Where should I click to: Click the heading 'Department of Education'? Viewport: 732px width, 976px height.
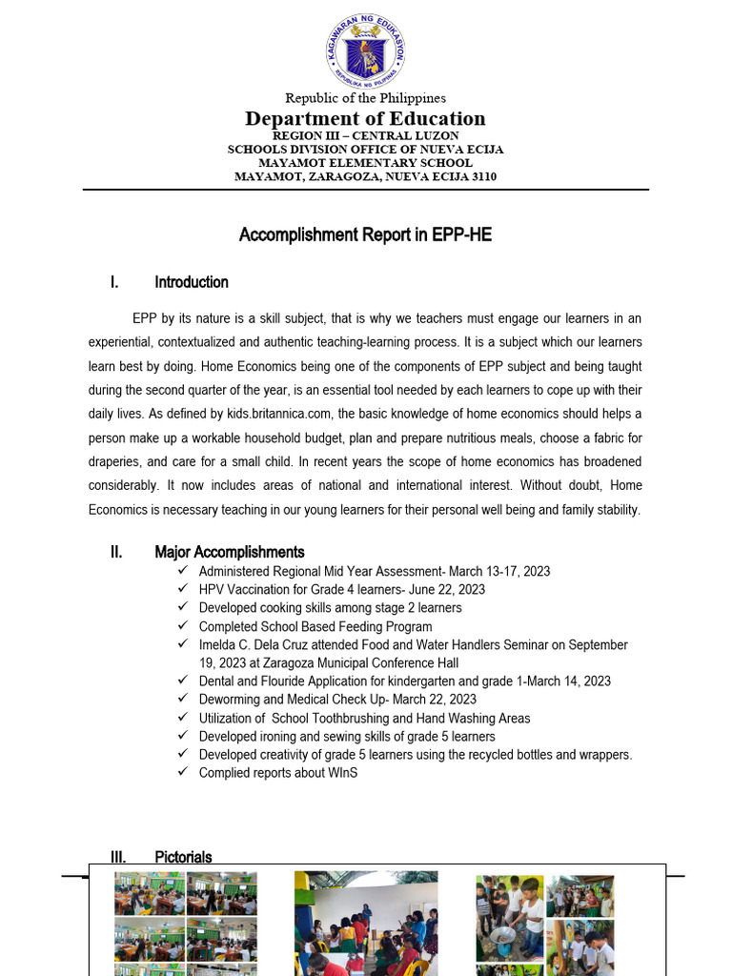365,119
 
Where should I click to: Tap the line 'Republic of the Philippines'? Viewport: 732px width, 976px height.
365,98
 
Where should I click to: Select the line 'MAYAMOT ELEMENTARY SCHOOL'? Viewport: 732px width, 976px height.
365,163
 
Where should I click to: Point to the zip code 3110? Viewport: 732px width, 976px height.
480,176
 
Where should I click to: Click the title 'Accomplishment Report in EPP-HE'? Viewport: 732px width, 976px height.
365,234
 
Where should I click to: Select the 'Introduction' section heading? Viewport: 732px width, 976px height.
192,282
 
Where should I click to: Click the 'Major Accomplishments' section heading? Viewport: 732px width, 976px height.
230,552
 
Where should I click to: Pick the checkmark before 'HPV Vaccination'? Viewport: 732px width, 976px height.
183,589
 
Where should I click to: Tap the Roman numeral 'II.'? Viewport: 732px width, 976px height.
115,552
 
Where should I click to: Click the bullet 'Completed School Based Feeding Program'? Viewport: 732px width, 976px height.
315,627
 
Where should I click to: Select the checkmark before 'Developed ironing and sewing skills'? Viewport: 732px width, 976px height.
183,736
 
